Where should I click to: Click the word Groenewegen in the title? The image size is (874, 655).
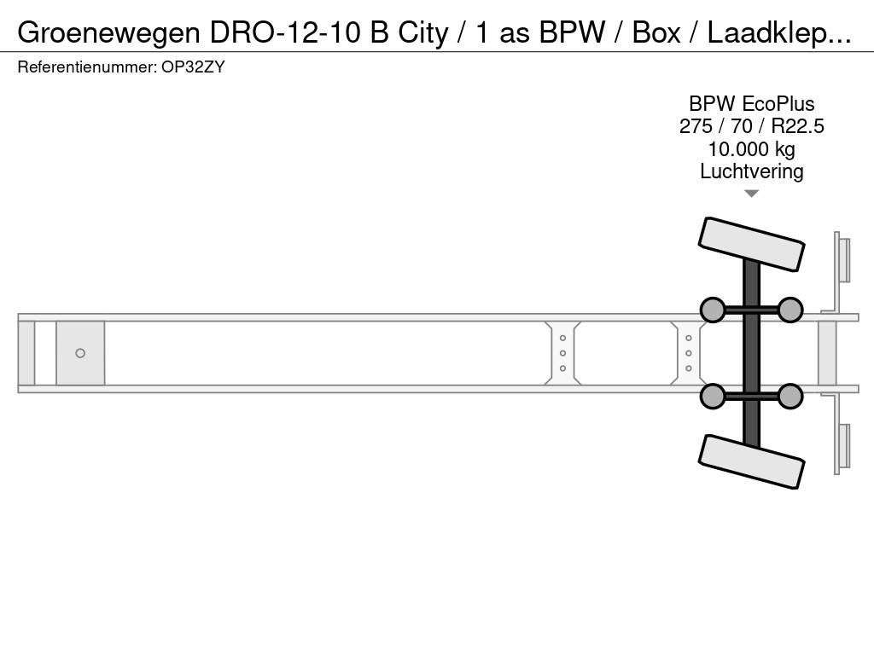(108, 33)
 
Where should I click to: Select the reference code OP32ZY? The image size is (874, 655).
(193, 67)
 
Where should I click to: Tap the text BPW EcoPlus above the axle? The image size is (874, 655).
(751, 104)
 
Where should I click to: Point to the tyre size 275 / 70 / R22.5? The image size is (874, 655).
(751, 126)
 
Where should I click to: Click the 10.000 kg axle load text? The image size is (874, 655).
(751, 149)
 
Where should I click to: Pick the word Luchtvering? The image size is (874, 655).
(751, 171)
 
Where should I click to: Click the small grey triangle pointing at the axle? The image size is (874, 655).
(751, 194)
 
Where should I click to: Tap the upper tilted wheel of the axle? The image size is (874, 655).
(751, 244)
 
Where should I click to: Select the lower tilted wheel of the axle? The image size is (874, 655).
(751, 461)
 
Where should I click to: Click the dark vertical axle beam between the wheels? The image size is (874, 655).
(751, 353)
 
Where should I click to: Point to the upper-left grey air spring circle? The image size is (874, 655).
(713, 310)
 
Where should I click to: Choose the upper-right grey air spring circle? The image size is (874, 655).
(790, 310)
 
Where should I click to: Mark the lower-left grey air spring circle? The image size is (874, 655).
(713, 396)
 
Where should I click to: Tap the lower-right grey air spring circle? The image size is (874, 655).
(790, 396)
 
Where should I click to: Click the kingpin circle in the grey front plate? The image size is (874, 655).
(80, 353)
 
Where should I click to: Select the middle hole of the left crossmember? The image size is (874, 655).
(562, 353)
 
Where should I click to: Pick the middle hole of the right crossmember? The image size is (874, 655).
(689, 353)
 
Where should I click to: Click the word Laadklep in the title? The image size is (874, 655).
(778, 33)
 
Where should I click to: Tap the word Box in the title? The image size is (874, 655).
(656, 33)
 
